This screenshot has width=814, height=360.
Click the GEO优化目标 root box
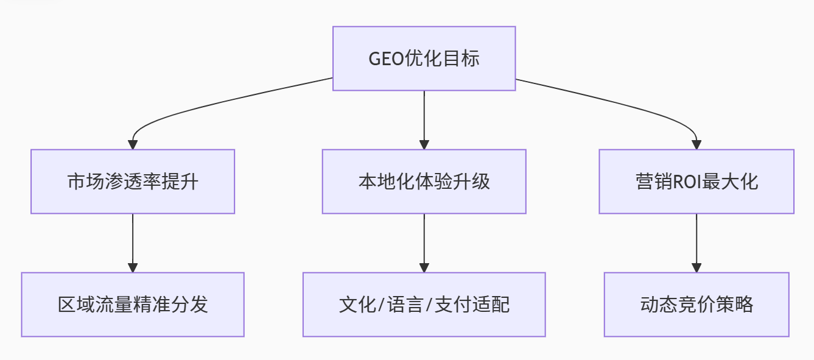click(x=424, y=58)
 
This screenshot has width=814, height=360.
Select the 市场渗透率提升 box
click(x=133, y=182)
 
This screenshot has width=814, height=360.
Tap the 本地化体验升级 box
click(x=424, y=182)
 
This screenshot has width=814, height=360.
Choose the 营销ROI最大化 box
click(x=696, y=182)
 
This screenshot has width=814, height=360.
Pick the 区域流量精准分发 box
click(x=133, y=304)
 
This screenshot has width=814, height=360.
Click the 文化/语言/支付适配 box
click(x=424, y=304)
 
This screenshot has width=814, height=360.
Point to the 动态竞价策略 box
click(x=696, y=304)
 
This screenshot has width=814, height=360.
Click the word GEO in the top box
click(x=386, y=59)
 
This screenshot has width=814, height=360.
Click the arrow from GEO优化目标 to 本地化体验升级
click(x=424, y=119)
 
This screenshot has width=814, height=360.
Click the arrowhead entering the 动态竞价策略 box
click(x=696, y=268)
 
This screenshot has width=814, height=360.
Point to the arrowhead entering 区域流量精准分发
click(x=133, y=268)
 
